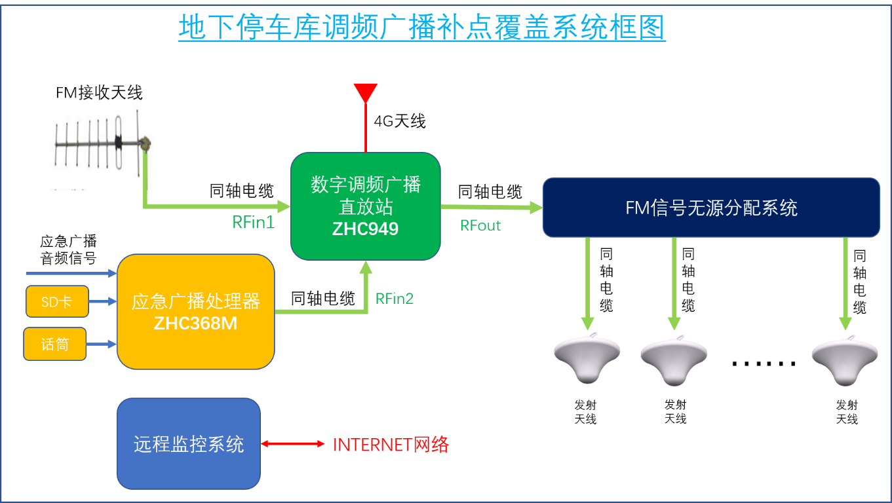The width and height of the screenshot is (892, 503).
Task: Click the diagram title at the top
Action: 422,28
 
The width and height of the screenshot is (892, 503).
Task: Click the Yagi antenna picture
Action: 102,147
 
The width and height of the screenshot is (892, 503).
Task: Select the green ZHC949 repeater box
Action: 366,206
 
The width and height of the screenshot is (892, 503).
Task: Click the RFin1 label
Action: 253,223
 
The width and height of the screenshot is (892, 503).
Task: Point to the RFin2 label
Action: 395,299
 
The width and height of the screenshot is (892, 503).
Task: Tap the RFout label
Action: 481,225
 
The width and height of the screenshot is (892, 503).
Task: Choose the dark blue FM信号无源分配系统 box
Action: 711,208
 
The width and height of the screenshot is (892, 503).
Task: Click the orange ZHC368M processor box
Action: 195,311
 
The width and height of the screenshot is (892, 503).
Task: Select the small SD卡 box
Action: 57,301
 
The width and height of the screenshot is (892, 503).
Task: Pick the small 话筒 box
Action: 55,344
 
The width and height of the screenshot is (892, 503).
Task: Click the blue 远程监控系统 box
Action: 189,444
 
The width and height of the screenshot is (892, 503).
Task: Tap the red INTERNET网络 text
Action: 391,445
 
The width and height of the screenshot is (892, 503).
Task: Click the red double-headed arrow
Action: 293,444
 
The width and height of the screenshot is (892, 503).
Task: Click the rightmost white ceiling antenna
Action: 844,358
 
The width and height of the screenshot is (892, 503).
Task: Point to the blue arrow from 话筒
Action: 102,343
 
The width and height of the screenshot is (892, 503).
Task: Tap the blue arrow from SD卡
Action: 102,301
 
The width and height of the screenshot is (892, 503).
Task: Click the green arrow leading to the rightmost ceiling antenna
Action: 845,282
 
